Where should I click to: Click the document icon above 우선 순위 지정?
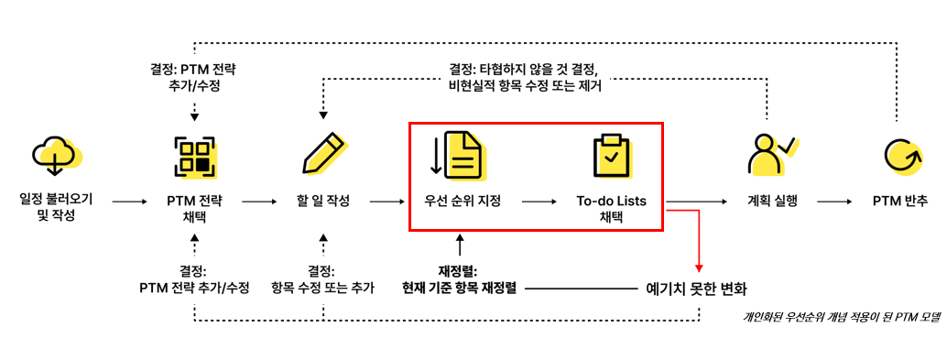coord(460,155)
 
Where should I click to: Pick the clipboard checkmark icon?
coord(611,156)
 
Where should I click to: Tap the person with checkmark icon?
coord(771,155)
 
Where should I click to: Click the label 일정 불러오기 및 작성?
coord(56,207)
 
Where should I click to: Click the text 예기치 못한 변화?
coord(696,289)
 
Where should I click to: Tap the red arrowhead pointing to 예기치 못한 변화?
coord(699,268)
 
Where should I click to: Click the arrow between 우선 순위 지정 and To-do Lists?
coord(539,202)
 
